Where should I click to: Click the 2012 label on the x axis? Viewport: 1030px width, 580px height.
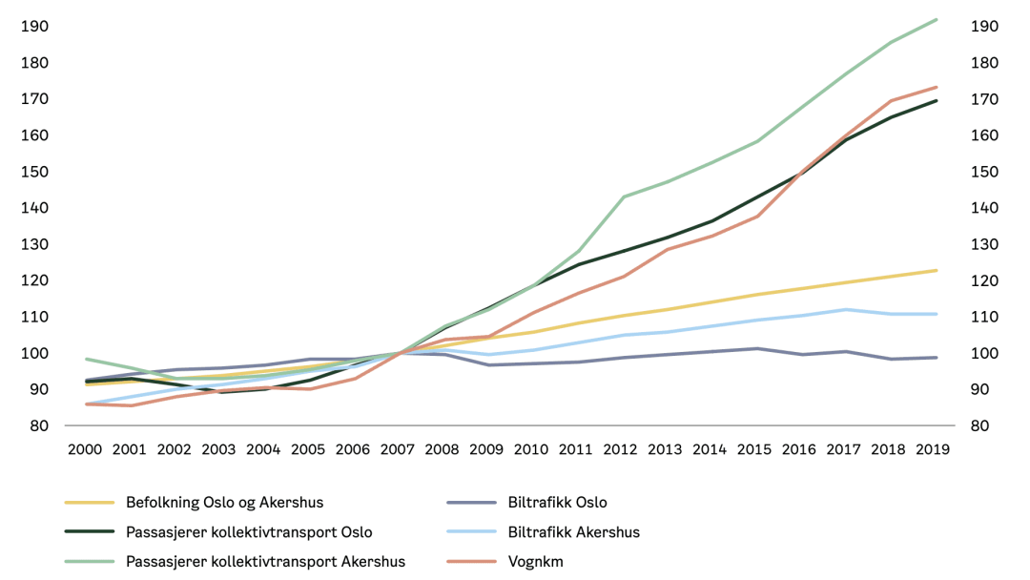(620, 449)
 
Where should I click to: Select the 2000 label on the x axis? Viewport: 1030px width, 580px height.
(87, 449)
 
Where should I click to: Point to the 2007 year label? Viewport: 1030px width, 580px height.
(398, 449)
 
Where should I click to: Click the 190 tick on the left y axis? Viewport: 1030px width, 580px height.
(34, 27)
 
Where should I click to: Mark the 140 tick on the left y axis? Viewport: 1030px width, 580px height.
(34, 208)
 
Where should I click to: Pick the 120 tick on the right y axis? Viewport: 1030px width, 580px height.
(984, 280)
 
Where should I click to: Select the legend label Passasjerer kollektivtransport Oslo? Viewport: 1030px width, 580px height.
(249, 532)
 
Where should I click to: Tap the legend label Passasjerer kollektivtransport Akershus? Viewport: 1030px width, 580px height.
(265, 562)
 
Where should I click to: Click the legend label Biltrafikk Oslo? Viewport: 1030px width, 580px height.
(557, 503)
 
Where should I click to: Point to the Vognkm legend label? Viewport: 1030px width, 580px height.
(535, 562)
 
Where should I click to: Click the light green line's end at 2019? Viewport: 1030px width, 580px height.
(937, 19)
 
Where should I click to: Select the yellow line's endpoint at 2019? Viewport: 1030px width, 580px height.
(937, 271)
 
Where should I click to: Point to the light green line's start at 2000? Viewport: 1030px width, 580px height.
(87, 359)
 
